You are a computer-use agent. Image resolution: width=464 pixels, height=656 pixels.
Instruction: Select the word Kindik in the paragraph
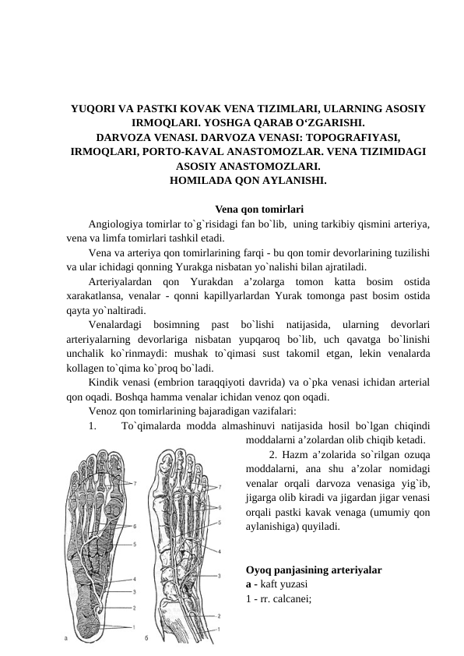coord(104,381)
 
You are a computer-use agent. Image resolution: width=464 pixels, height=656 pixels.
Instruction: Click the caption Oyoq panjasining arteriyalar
coord(312,570)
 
